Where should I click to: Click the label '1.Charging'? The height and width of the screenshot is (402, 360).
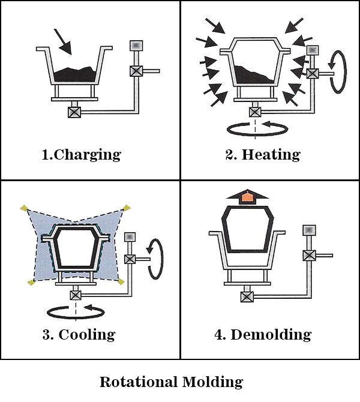coord(81,154)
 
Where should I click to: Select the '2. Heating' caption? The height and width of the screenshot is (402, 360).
coord(262,154)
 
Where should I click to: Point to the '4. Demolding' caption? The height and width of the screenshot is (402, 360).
coord(263,334)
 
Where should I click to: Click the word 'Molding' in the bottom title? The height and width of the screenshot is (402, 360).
coord(214,382)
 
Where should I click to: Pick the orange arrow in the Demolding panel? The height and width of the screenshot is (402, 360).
coord(247,197)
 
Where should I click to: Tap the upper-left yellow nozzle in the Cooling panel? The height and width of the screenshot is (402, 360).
coord(23,208)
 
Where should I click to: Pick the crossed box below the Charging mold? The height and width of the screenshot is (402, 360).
coord(75,112)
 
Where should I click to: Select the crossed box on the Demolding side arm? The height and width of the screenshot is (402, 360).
coord(308,255)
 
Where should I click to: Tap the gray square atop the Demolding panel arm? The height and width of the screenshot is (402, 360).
coord(308,229)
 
